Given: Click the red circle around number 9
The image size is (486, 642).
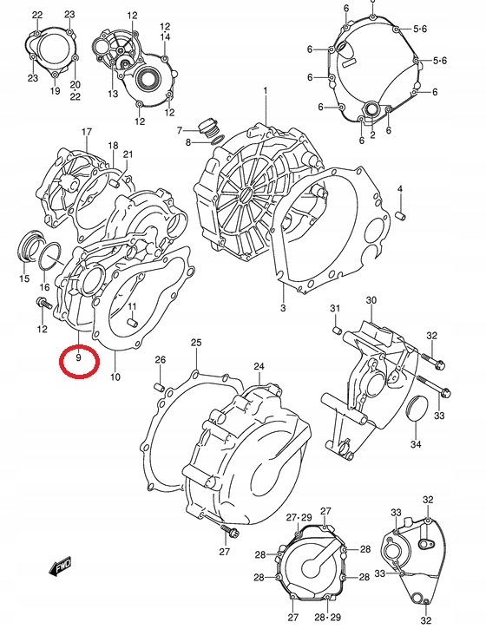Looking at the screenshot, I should click(77, 358).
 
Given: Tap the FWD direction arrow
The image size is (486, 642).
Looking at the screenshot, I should click(62, 568).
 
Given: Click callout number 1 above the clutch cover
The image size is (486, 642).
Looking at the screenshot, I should click(266, 92).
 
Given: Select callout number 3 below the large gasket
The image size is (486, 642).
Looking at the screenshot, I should click(282, 308).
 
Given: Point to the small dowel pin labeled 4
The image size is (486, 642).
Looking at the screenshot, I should click(401, 213).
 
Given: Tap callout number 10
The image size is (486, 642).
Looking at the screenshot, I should click(115, 377).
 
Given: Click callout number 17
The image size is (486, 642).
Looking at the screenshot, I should click(86, 132).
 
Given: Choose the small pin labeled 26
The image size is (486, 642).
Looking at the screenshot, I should click(161, 384).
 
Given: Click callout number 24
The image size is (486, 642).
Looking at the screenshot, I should click(259, 367).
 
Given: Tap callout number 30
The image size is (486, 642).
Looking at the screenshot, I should click(371, 301).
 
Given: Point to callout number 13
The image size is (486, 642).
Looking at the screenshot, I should click(113, 94).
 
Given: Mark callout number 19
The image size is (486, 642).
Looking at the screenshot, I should click(54, 91).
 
